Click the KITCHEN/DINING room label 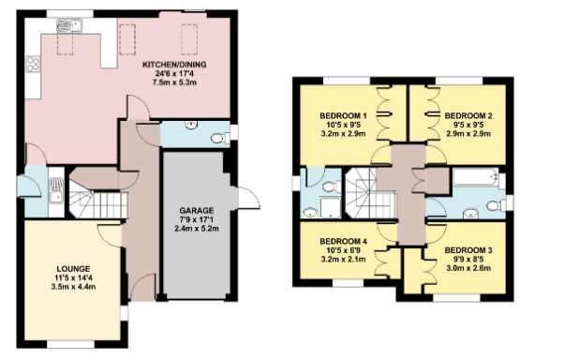pyautogui.click(x=174, y=65)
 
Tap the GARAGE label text pyautogui.click(x=197, y=211)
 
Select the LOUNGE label pyautogui.click(x=73, y=269)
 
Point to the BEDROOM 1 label pyautogui.click(x=343, y=116)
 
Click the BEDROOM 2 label pyautogui.click(x=468, y=116)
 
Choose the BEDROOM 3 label pyautogui.click(x=468, y=250)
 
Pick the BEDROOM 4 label pyautogui.click(x=343, y=241)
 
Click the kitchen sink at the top pyautogui.click(x=69, y=26)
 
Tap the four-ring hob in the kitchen pyautogui.click(x=33, y=64)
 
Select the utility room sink pyautogui.click(x=56, y=190)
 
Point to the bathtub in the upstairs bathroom pyautogui.click(x=476, y=177)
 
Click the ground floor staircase pyautogui.click(x=98, y=199)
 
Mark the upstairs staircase pyautogui.click(x=371, y=193)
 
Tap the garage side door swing pyautogui.click(x=248, y=197)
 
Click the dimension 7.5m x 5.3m pyautogui.click(x=174, y=82)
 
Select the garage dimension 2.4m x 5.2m pyautogui.click(x=197, y=229)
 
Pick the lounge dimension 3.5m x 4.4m pyautogui.click(x=73, y=287)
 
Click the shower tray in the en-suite pyautogui.click(x=330, y=207)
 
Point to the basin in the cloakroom pyautogui.click(x=191, y=125)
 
